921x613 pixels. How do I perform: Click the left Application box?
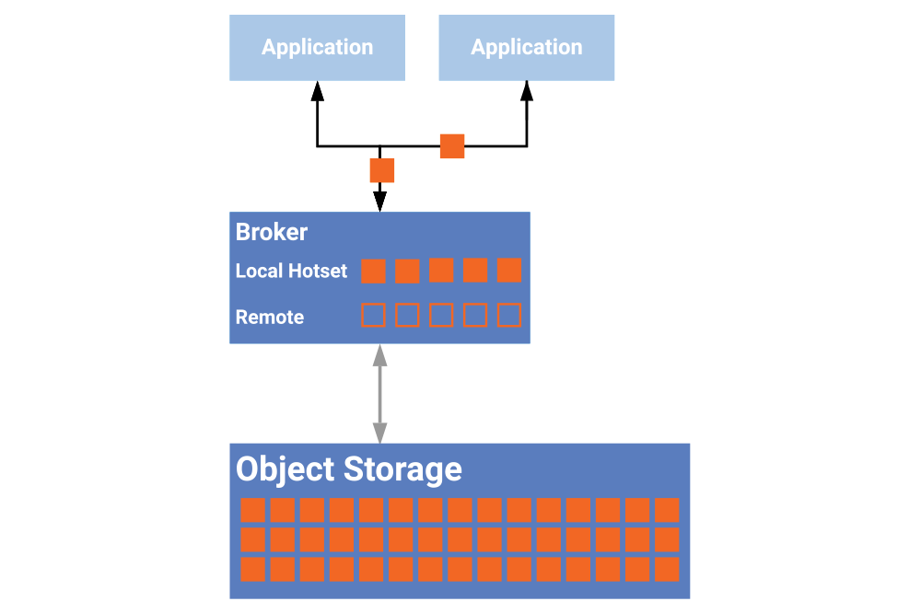[x=317, y=48]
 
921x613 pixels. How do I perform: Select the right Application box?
[x=527, y=48]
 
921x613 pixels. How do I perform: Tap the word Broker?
[x=271, y=232]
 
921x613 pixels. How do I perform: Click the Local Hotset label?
[x=291, y=271]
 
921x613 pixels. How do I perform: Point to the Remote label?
[x=270, y=318]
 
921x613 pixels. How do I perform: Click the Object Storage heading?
[x=348, y=468]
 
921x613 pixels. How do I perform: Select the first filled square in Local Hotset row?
[x=373, y=271]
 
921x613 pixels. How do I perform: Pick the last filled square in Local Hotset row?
[x=508, y=271]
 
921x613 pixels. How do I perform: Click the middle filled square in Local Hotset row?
[x=441, y=271]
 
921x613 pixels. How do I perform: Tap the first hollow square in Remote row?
[x=373, y=316]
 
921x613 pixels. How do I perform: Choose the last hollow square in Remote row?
[x=508, y=316]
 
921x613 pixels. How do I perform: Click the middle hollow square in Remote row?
[x=441, y=316]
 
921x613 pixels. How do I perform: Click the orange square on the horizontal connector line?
[x=452, y=146]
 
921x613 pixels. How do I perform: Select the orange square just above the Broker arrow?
[x=381, y=170]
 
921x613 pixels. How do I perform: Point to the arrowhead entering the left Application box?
[x=317, y=89]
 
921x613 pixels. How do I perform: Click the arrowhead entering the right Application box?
[x=527, y=89]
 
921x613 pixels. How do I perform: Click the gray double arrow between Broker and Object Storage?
[x=379, y=394]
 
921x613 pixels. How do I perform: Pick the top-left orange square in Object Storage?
[x=253, y=510]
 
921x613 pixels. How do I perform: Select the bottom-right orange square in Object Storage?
[x=667, y=569]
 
